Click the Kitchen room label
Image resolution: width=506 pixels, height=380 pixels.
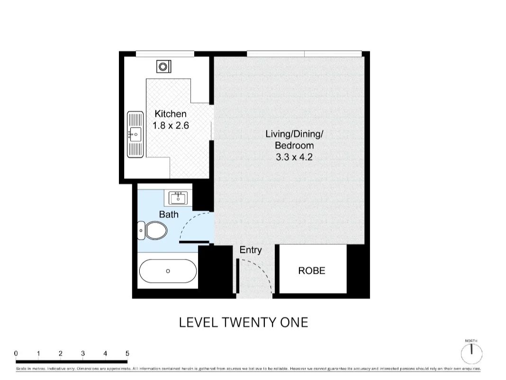coord(171,114)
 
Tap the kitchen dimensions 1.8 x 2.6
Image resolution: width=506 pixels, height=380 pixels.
coord(171,126)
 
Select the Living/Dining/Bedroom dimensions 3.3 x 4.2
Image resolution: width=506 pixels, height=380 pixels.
coord(294,157)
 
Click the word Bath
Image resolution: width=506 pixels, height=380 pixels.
coord(169,214)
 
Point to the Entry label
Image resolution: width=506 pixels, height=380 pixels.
coord(250,250)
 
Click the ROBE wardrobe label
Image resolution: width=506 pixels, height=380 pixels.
coord(312,271)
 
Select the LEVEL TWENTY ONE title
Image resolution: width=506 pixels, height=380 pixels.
coord(244,323)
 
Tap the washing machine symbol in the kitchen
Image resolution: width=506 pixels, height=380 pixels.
coord(163,66)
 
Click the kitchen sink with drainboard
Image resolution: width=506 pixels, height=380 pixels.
coord(135,135)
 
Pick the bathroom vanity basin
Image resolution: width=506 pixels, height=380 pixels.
coord(179,197)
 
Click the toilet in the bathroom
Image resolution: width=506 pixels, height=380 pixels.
coord(154,231)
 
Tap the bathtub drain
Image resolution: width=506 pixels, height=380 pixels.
coord(168,271)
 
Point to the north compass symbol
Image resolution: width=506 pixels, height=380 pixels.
coord(471,352)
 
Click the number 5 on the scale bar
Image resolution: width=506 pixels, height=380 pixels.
coord(127,353)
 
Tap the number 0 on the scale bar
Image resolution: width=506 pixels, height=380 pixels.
coord(16,353)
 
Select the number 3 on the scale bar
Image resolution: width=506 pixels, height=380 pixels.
coord(83,353)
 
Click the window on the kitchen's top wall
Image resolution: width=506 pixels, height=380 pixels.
coord(165,54)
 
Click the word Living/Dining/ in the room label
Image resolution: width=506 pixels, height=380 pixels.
coord(294,134)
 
